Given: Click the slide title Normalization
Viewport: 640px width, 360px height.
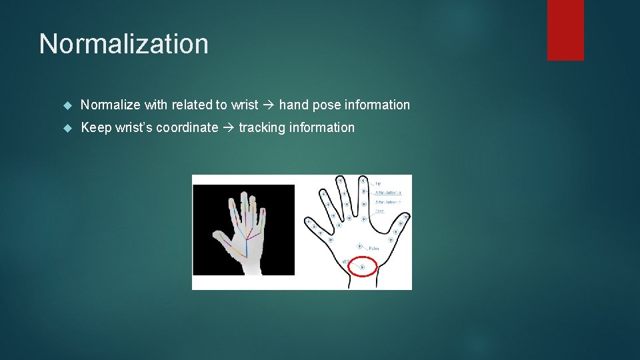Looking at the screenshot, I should point(123,44).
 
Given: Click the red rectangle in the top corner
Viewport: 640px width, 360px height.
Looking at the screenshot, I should point(565,30).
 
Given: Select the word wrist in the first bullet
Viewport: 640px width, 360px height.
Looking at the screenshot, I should point(244,105).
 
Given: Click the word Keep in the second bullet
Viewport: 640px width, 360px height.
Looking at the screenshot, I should point(96,127).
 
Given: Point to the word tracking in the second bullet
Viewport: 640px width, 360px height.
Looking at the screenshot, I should point(260,127).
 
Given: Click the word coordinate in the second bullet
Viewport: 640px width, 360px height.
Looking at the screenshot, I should point(187,127).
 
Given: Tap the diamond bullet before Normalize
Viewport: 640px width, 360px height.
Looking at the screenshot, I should point(67,105).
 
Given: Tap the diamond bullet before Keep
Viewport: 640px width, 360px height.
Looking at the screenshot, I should point(67,128).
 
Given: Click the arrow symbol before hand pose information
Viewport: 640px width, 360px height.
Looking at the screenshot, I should point(269,105).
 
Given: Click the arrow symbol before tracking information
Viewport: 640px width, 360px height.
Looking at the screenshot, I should point(228,127).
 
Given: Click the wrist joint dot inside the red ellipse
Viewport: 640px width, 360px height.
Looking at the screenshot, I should point(363,267).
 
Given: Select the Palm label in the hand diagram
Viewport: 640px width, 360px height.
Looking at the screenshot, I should point(373,248).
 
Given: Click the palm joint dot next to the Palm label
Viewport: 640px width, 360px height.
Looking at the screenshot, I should point(360,246).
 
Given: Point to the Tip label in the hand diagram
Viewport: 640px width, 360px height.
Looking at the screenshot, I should point(378,183).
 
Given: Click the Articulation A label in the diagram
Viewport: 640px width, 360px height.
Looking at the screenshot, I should point(388,193).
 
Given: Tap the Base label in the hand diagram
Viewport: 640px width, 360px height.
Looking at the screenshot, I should point(379,211).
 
